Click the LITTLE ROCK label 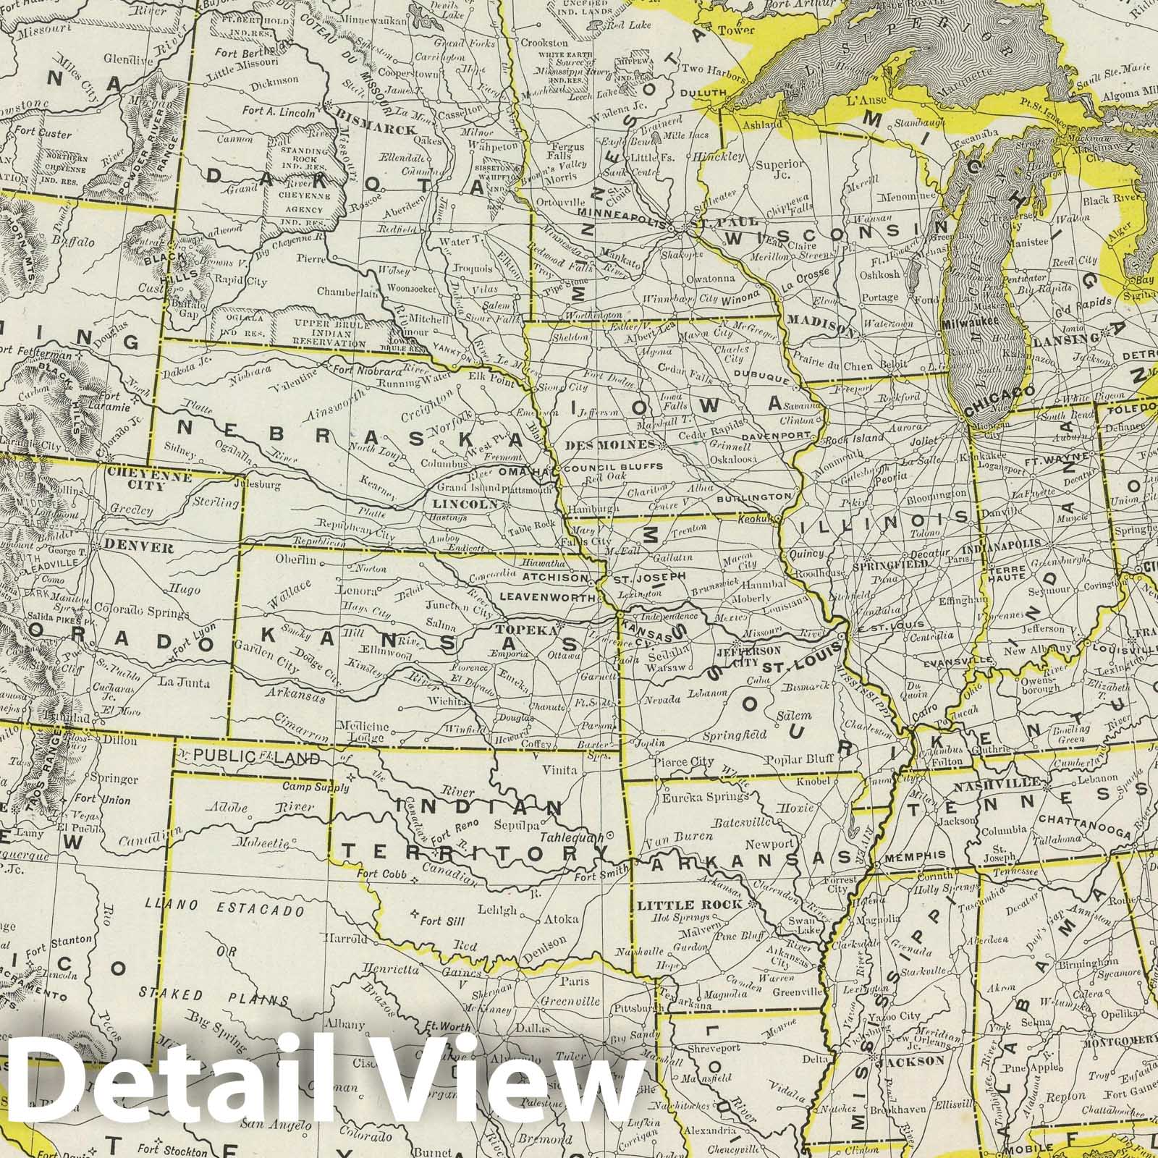coord(689,905)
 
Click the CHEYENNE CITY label coord(148,481)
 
